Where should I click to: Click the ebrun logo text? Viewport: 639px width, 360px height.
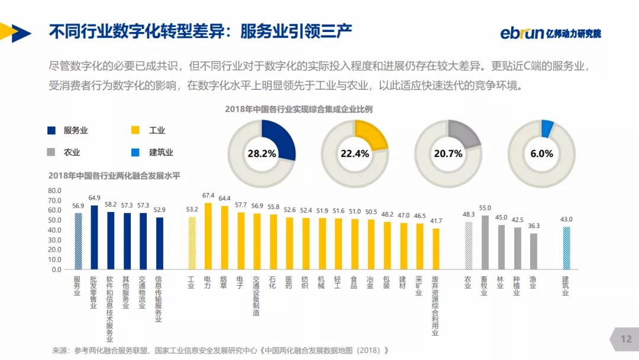[x=522, y=33]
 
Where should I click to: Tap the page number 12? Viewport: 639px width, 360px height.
[x=625, y=339]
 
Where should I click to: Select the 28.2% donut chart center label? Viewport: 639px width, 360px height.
[x=262, y=153]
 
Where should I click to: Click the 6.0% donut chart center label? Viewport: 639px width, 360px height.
[x=541, y=153]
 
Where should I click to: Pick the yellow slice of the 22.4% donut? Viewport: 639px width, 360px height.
[x=372, y=136]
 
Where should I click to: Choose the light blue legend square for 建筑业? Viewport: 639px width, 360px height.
[x=135, y=152]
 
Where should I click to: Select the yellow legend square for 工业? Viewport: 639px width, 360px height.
[x=135, y=130]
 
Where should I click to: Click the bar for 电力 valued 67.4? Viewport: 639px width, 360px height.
[x=208, y=236]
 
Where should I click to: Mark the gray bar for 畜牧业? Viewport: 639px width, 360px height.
[x=485, y=242]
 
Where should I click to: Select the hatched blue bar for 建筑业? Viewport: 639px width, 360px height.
[x=566, y=248]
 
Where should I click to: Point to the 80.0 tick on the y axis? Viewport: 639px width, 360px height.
[x=55, y=191]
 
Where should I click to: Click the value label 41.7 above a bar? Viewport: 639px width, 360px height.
[x=435, y=221]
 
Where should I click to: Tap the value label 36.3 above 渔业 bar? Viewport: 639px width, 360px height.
[x=534, y=226]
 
